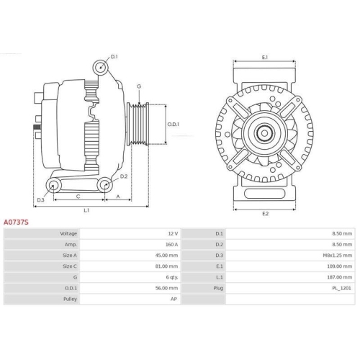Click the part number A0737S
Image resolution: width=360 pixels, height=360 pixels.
point(16,222)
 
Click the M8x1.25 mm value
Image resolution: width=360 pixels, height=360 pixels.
point(339,256)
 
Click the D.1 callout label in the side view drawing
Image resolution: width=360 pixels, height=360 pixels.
point(114,55)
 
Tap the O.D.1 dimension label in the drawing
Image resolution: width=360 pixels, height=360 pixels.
point(173,123)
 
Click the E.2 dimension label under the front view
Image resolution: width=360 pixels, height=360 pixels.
point(264,214)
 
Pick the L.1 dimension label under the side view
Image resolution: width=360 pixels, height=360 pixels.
point(86,210)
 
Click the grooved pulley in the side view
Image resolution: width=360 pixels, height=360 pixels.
point(138,124)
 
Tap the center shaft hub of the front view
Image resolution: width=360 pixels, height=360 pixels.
point(264,131)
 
